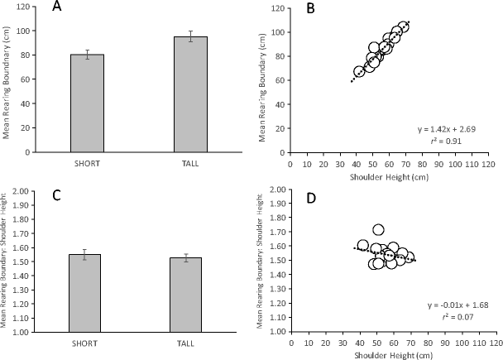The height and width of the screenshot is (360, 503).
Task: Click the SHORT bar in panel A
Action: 109,103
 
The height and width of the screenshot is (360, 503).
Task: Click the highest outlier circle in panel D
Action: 379,230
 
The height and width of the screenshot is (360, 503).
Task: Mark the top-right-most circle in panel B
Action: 403,27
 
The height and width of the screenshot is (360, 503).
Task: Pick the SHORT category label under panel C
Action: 109,342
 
